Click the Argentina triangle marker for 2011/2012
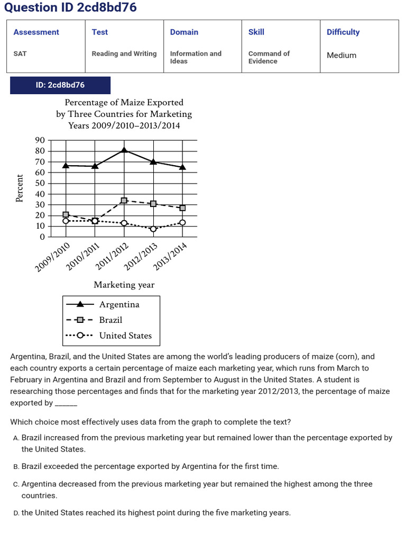pyautogui.click(x=124, y=150)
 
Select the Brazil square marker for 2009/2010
pyautogui.click(x=66, y=214)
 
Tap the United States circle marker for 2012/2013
pyautogui.click(x=153, y=229)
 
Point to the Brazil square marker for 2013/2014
pyautogui.click(x=182, y=208)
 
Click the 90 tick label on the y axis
pyautogui.click(x=40, y=140)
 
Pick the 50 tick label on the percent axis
pyautogui.click(x=40, y=183)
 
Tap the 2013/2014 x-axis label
pyautogui.click(x=169, y=257)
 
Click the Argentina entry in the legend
pyautogui.click(x=119, y=304)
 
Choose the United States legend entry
pyautogui.click(x=125, y=336)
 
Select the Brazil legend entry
pyautogui.click(x=110, y=320)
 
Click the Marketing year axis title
pyautogui.click(x=124, y=285)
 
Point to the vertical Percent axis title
pyautogui.click(x=20, y=188)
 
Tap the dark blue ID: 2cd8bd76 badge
pyautogui.click(x=60, y=85)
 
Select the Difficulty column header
pyautogui.click(x=343, y=32)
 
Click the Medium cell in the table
pyautogui.click(x=342, y=55)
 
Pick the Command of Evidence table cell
pyautogui.click(x=269, y=57)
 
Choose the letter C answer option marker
pyautogui.click(x=16, y=484)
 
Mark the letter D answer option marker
pyautogui.click(x=16, y=513)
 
